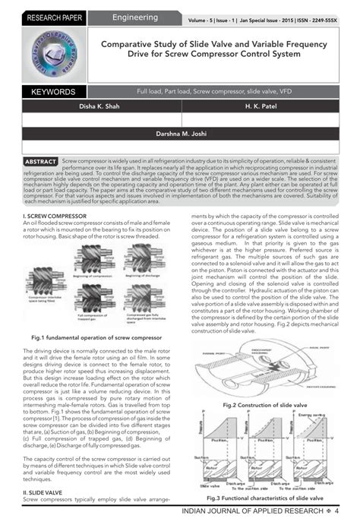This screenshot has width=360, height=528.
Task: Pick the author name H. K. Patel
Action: (x=260, y=107)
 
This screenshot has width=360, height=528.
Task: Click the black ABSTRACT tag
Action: (x=40, y=163)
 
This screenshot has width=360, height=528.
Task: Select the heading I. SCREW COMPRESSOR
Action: (x=55, y=217)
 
